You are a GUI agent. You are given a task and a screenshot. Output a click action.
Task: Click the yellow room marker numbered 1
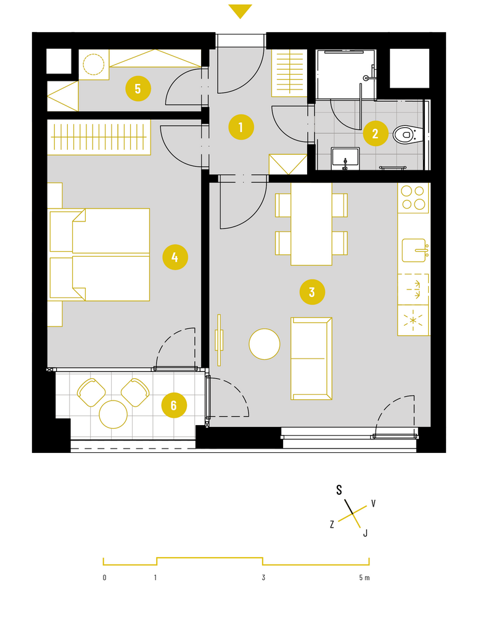(x=241, y=127)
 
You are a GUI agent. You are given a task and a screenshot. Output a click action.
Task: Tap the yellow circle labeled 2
(x=376, y=133)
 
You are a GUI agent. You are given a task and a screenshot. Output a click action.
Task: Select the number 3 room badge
(x=312, y=292)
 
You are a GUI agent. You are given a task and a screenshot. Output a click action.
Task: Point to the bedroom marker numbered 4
(x=175, y=257)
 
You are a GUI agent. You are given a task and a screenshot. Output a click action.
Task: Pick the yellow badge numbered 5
(x=138, y=88)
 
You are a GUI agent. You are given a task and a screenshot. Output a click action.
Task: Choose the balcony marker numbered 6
(x=173, y=405)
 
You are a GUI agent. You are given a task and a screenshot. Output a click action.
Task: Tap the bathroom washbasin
(x=345, y=158)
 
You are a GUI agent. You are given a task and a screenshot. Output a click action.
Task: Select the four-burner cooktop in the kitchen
(x=413, y=197)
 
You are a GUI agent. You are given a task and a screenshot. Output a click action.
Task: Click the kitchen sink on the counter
(x=414, y=251)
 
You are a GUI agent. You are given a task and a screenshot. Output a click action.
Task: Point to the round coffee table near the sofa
(x=265, y=344)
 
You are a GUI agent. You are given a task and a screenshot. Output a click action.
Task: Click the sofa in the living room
(x=311, y=358)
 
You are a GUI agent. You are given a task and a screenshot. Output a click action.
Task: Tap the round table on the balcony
(x=113, y=415)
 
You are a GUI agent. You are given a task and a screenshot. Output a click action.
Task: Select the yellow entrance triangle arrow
(x=240, y=10)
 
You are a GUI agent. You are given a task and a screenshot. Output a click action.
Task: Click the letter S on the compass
(x=339, y=490)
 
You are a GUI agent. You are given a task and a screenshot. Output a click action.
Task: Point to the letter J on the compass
(x=365, y=533)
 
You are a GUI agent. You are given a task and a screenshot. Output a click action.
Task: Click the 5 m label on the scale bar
(x=365, y=578)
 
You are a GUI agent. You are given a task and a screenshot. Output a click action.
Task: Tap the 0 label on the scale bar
(x=104, y=578)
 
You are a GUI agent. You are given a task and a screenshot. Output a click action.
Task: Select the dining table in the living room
(x=311, y=224)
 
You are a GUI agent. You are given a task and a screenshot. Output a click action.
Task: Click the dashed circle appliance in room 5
(x=94, y=64)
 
